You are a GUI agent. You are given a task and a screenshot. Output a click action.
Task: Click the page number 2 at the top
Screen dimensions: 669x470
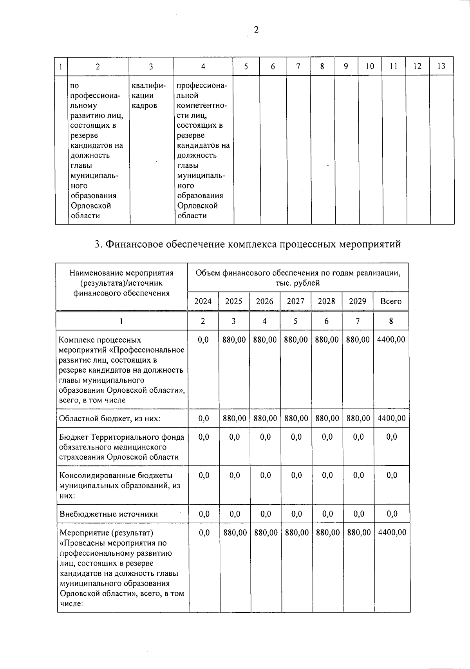tap(256, 30)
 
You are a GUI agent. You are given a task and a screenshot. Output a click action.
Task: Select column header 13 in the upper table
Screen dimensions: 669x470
tap(441, 66)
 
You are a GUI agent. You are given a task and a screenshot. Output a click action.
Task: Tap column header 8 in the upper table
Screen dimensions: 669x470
tap(322, 66)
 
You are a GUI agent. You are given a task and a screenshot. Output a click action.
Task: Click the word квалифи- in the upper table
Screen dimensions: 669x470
tap(149, 85)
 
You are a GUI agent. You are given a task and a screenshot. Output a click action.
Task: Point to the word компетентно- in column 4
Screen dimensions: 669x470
tap(202, 105)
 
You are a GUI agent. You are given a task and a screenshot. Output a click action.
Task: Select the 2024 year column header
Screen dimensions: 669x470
tap(203, 301)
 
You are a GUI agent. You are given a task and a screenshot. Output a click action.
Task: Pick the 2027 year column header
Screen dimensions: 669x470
tap(295, 301)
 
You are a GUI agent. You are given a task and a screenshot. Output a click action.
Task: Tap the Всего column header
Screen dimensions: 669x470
tap(390, 301)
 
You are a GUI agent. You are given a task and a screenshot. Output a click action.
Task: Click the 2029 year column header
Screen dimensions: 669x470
tap(357, 301)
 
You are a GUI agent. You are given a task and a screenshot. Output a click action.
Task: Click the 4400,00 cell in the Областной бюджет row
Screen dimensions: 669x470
tap(391, 418)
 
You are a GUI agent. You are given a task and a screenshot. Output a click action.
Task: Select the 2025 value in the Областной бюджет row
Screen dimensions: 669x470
tap(235, 418)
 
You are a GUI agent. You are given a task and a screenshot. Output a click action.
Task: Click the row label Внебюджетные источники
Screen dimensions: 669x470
tap(108, 514)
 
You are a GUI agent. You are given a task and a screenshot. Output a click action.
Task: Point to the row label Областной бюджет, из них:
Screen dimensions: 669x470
tap(110, 419)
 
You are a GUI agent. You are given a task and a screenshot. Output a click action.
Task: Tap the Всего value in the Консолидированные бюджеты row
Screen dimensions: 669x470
tap(392, 475)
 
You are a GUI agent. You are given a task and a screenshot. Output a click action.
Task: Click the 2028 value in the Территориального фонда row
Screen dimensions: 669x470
tap(327, 437)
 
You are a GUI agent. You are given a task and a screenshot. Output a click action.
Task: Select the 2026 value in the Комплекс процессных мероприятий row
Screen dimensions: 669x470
tap(265, 339)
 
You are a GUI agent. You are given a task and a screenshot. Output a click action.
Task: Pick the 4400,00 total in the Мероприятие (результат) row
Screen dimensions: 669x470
tap(392, 532)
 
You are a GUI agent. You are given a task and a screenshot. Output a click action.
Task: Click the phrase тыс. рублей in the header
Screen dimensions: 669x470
tap(298, 283)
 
